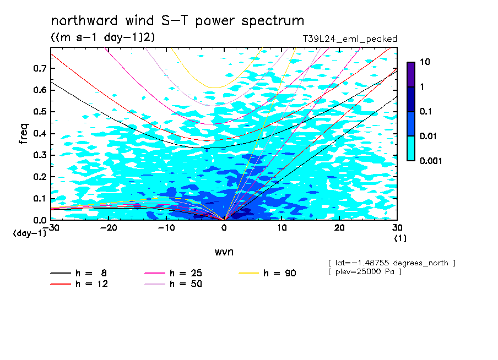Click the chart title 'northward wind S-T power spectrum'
coord(177,21)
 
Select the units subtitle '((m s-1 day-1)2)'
coord(103,37)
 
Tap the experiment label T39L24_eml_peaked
coord(350,39)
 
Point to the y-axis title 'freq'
coord(24,134)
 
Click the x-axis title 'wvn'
coord(224,252)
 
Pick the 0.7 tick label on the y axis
coord(40,68)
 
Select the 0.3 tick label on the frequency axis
coord(40,155)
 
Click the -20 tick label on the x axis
coord(109,228)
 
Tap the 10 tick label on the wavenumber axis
coord(282,228)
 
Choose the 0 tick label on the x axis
coord(224,228)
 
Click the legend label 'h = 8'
coord(91,273)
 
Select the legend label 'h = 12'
coord(92,284)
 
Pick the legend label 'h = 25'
coord(186,273)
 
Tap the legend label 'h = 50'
coord(186,284)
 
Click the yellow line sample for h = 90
coord(248,273)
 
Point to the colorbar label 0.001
coord(431,161)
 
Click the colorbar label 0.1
coord(426,111)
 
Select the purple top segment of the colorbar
coord(411,75)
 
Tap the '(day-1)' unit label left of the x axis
coord(30,233)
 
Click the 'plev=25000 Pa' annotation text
coord(365,272)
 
